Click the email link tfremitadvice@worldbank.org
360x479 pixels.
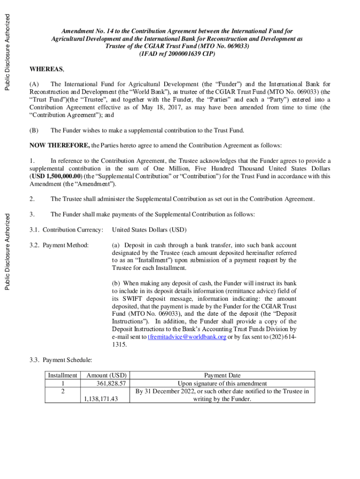click(x=187, y=337)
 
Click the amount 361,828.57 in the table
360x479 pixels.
click(x=111, y=383)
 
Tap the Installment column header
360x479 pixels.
click(x=63, y=375)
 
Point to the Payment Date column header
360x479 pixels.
click(x=222, y=375)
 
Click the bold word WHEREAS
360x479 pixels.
click(x=46, y=69)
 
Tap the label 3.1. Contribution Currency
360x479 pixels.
click(x=66, y=230)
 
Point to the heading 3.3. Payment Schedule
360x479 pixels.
click(x=61, y=360)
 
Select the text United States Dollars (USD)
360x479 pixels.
click(x=149, y=230)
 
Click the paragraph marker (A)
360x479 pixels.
click(x=34, y=84)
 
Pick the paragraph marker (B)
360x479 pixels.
click(x=34, y=130)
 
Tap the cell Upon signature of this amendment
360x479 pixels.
click(x=222, y=383)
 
